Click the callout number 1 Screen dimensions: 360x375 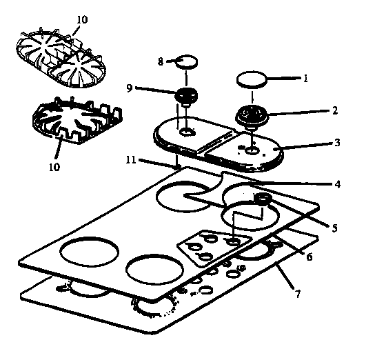tap(305, 79)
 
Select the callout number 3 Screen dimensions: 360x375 tap(337, 143)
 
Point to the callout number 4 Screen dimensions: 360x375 tap(337, 184)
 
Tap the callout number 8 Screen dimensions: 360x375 tap(160, 61)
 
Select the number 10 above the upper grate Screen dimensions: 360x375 tap(82, 20)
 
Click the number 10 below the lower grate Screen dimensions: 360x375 tap(54, 166)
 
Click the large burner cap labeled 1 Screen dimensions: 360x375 tap(252, 80)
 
